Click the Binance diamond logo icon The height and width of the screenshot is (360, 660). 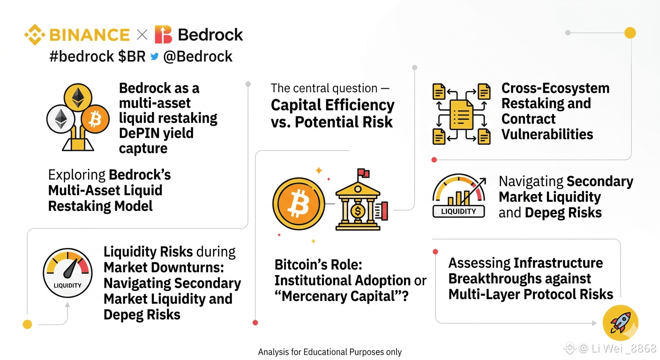[x=35, y=35]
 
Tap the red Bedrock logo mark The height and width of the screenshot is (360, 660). [x=163, y=35]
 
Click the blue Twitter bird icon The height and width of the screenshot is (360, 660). [x=154, y=56]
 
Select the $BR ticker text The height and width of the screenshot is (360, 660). [x=132, y=56]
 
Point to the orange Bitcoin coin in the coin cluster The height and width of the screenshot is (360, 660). [x=95, y=120]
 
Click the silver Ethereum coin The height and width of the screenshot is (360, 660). [x=61, y=119]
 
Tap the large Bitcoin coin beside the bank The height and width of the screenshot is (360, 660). [x=299, y=203]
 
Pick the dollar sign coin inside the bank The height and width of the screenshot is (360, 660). [x=358, y=211]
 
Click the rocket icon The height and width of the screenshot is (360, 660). [x=621, y=323]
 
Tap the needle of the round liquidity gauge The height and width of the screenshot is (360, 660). [x=72, y=269]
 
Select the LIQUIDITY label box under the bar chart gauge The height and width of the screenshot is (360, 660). [x=458, y=211]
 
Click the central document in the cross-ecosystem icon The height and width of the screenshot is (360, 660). [x=461, y=114]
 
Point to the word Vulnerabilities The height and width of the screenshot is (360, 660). [x=547, y=135]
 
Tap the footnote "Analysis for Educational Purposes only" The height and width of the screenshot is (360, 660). [x=330, y=352]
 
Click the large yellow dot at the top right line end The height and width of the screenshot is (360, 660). [x=630, y=33]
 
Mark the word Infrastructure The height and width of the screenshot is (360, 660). [x=558, y=263]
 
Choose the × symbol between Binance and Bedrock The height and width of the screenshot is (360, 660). [x=142, y=35]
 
